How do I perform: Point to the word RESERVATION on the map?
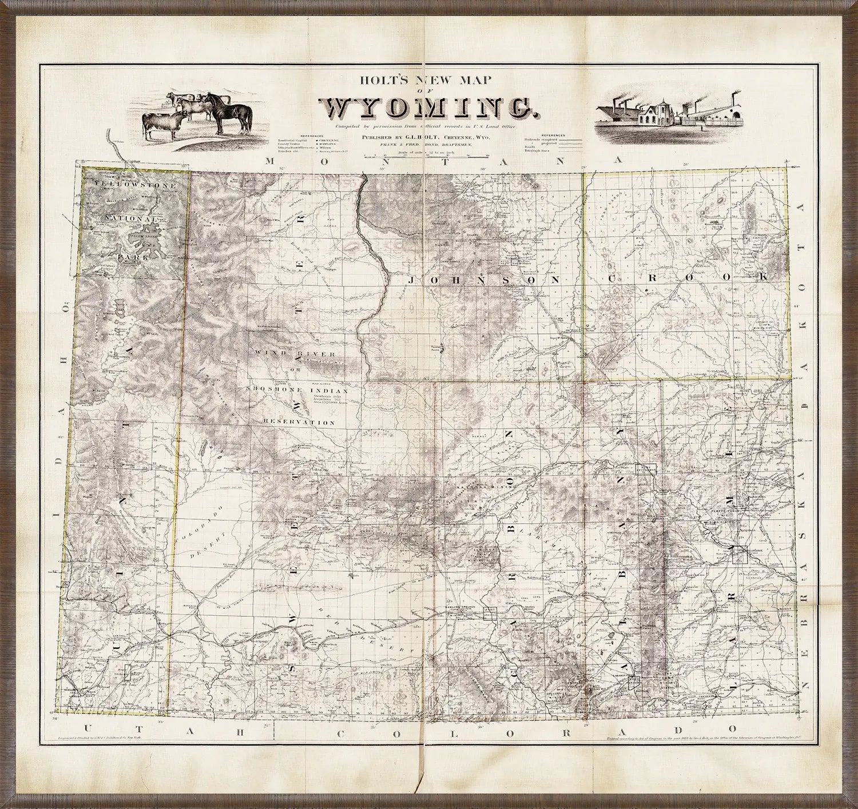[299, 422]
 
